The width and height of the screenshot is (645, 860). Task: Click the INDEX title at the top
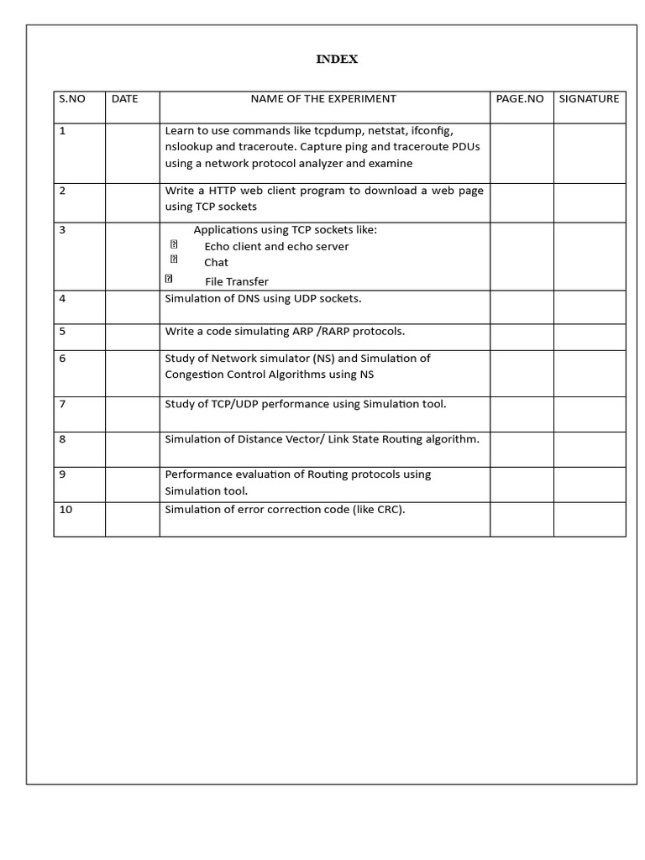pyautogui.click(x=337, y=59)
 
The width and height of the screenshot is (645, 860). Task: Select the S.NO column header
pyautogui.click(x=72, y=98)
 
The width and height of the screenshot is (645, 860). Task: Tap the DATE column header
pyautogui.click(x=124, y=98)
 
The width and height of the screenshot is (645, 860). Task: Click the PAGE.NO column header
pyautogui.click(x=520, y=98)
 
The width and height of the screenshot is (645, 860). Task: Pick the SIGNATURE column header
pyautogui.click(x=589, y=98)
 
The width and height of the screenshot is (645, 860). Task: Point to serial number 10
pyautogui.click(x=66, y=509)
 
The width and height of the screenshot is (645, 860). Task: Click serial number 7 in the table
pyautogui.click(x=62, y=404)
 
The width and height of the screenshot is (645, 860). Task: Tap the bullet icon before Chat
pyautogui.click(x=174, y=260)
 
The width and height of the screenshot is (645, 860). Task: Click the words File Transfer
pyautogui.click(x=237, y=281)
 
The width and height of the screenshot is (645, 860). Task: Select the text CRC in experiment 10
pyautogui.click(x=388, y=509)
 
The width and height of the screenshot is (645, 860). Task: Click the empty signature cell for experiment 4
pyautogui.click(x=589, y=307)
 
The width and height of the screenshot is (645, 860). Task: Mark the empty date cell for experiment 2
pyautogui.click(x=132, y=202)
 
